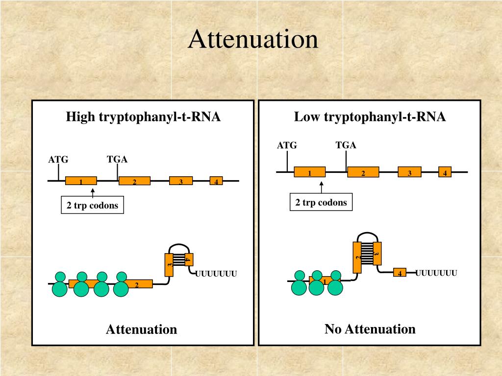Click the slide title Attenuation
click(x=253, y=39)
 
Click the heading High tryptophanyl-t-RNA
click(x=143, y=117)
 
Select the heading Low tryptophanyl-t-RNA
click(x=370, y=117)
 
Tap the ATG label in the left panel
click(x=58, y=160)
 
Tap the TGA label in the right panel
click(x=346, y=145)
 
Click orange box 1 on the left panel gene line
click(x=81, y=181)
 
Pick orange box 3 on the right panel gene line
click(x=409, y=172)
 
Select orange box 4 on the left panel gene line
click(x=216, y=181)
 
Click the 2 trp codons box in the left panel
click(x=92, y=206)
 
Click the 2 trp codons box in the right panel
click(x=321, y=202)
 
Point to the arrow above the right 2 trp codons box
click(x=322, y=188)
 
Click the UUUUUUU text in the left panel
click(x=216, y=274)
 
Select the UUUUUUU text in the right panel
click(x=436, y=273)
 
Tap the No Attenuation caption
click(x=370, y=329)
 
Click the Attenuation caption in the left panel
click(x=141, y=329)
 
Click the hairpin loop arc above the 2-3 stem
click(x=367, y=234)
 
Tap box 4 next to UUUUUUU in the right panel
click(x=400, y=273)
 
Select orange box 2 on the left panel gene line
click(x=134, y=181)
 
